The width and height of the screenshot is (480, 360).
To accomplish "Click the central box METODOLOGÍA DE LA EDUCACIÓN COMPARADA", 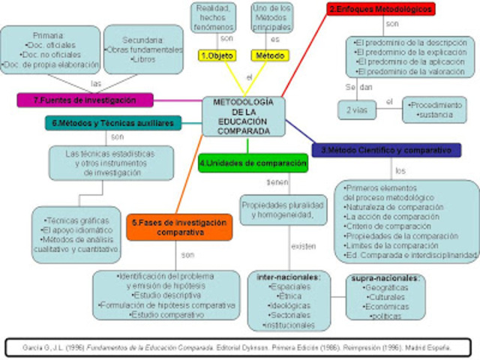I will click(x=242, y=116).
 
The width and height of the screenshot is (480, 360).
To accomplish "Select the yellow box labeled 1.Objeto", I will click(x=217, y=55).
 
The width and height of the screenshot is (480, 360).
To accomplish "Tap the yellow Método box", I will click(x=269, y=55).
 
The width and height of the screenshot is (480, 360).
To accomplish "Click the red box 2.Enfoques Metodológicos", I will click(x=380, y=10).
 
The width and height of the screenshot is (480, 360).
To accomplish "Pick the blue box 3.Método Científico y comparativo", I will click(x=385, y=150).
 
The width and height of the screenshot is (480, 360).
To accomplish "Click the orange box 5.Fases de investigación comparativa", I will click(x=169, y=226).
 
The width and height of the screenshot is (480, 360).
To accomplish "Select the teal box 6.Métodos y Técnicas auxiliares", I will click(x=112, y=122).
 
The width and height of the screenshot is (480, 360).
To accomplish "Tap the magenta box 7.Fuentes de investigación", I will click(x=85, y=100).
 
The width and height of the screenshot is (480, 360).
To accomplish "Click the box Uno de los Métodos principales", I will click(x=271, y=16).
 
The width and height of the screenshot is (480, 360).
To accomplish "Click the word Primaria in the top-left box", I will click(x=49, y=34).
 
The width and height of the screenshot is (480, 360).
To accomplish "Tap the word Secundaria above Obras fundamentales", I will click(x=142, y=40).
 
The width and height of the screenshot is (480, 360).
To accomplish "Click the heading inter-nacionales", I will click(x=289, y=277).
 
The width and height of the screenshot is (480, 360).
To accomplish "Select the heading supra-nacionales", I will click(x=385, y=278).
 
